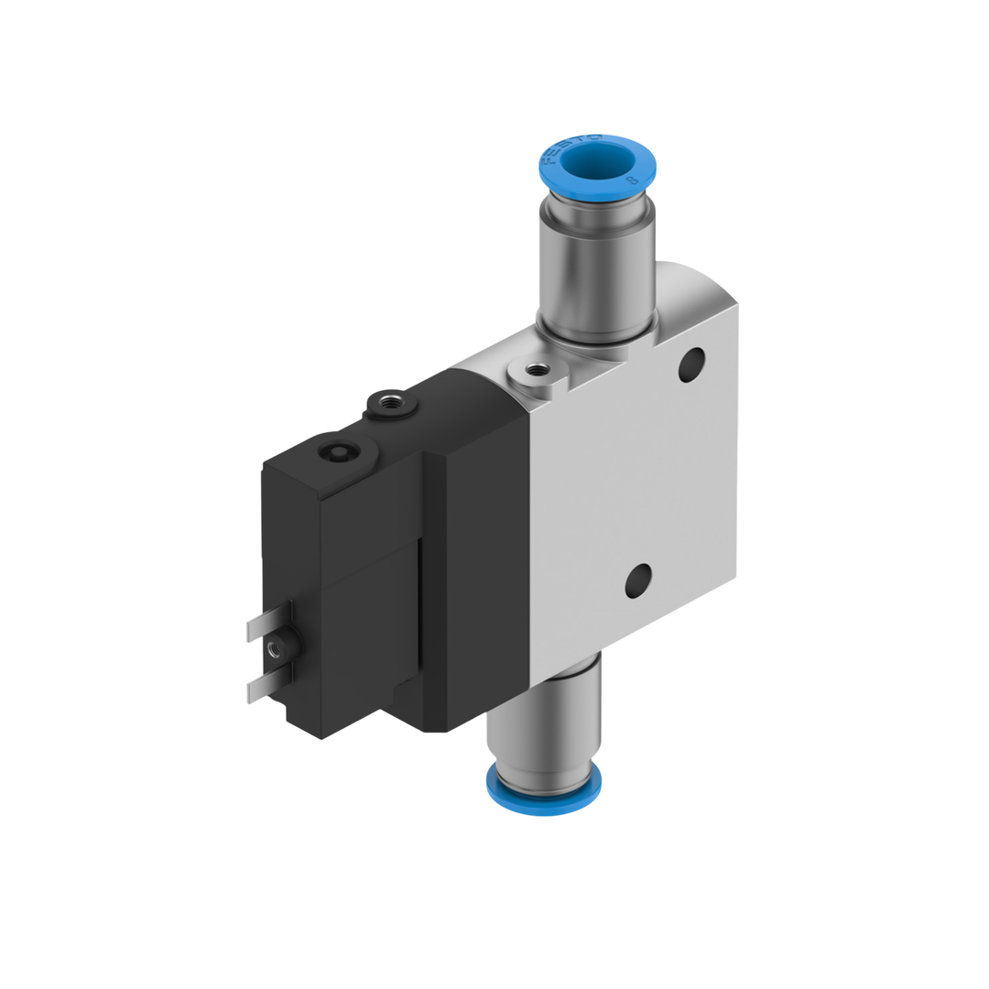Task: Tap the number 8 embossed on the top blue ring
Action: tap(631, 181)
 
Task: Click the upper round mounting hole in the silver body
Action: tap(691, 364)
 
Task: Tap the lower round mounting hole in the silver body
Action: tap(638, 580)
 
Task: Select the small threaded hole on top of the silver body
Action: tap(535, 371)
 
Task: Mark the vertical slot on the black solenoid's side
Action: tap(420, 604)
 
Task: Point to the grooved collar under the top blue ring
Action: tap(597, 218)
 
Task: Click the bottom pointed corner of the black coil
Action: tap(321, 736)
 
